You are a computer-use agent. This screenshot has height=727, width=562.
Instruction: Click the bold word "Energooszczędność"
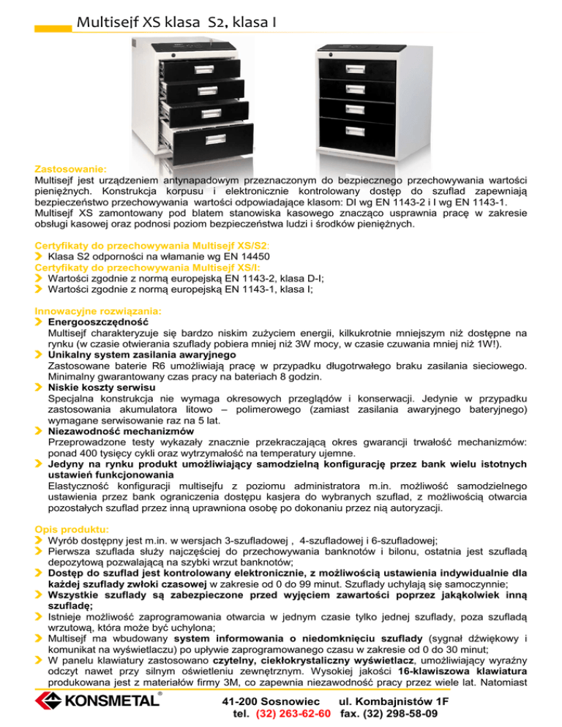(98, 321)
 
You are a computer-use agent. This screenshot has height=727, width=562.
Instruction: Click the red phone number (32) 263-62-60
(295, 713)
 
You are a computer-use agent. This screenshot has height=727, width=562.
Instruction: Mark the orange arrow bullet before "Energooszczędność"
(40, 321)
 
